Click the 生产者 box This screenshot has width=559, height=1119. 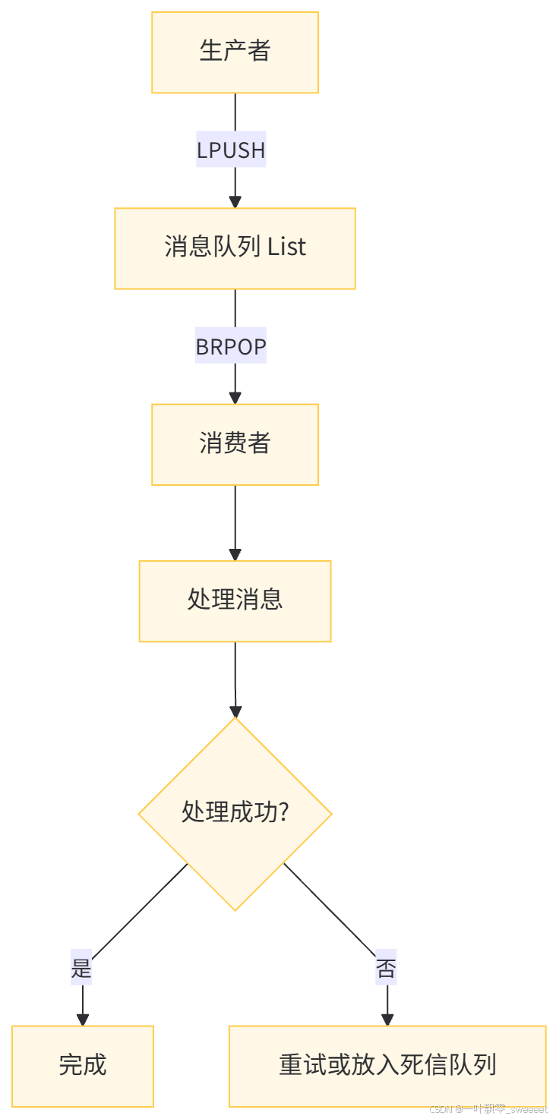pos(235,52)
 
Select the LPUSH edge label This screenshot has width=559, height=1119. pos(231,150)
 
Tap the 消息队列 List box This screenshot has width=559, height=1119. pos(235,248)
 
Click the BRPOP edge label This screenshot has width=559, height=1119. pos(231,347)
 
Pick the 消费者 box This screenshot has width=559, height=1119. pos(235,444)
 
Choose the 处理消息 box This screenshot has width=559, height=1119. pos(235,600)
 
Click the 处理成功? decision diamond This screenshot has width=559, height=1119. pos(235,813)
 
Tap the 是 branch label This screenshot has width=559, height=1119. pos(81,969)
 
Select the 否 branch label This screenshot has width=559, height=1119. pos(386,969)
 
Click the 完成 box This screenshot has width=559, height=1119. pos(83,1065)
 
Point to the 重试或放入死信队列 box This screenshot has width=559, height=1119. pos(387,1065)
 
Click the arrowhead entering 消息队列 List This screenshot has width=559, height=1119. pos(235,201)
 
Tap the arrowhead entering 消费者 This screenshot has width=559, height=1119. pos(235,397)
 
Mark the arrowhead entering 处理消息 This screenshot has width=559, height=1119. pos(235,554)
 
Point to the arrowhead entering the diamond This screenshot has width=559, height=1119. pos(235,711)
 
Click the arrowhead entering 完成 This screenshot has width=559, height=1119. pos(83,1019)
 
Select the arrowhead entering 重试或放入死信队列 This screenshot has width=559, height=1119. pos(387,1019)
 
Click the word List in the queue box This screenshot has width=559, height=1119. pos(287,247)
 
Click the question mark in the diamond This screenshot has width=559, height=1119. pos(283,812)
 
